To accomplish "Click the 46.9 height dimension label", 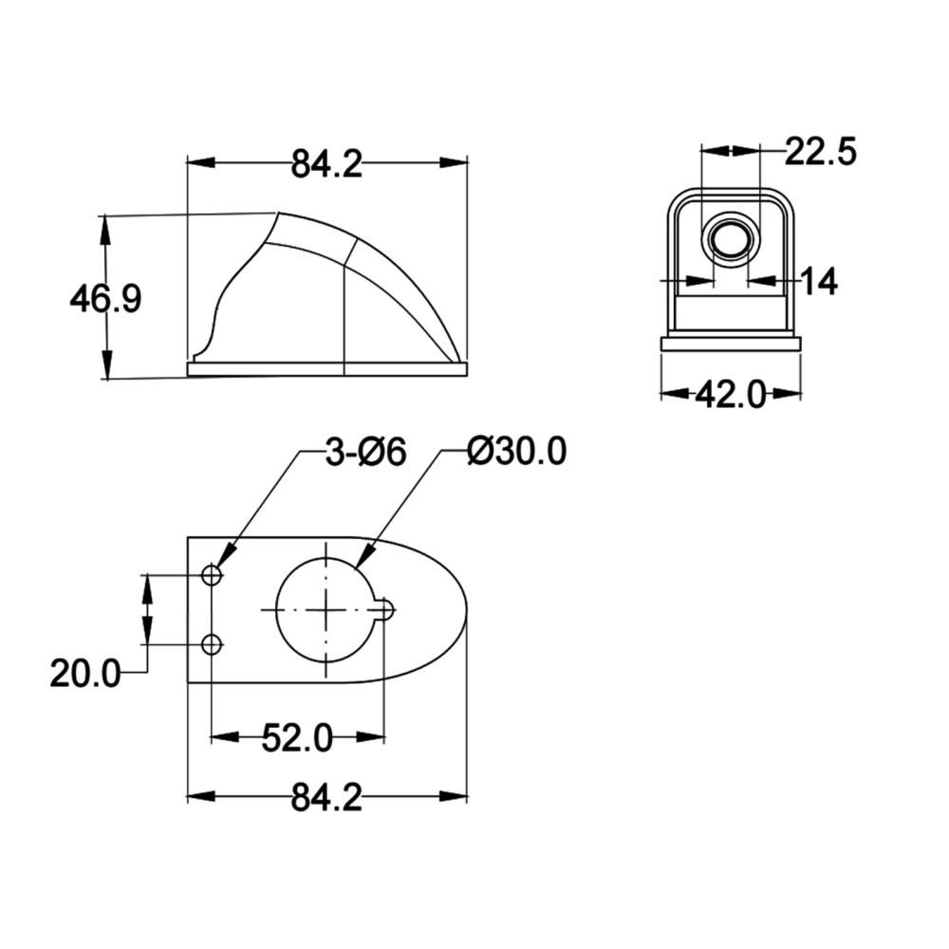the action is [x=105, y=299].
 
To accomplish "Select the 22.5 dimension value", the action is [x=821, y=152].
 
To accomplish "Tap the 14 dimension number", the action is [x=820, y=282].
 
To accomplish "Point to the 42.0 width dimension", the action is [x=731, y=395].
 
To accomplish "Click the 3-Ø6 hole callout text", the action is [x=365, y=453].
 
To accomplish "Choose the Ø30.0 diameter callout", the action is [x=517, y=452].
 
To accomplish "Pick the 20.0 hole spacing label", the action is [x=85, y=673].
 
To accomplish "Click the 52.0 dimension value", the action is [x=297, y=737].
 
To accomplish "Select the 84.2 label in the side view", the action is [x=326, y=164].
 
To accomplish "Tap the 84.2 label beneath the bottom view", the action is [x=326, y=797].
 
